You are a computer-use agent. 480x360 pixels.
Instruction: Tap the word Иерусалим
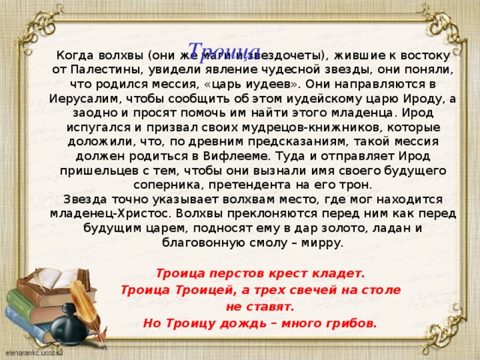[82, 98]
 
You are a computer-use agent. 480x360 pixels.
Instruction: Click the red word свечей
[304, 289]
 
